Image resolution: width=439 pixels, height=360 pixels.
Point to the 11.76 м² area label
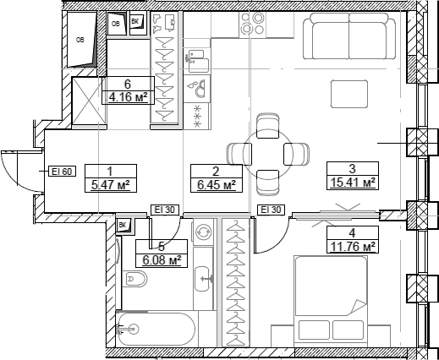click(352, 246)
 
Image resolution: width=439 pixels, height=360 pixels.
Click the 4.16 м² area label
click(127, 96)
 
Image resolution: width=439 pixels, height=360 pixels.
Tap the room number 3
click(351, 168)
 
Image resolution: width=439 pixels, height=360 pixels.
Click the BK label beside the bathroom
click(123, 224)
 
